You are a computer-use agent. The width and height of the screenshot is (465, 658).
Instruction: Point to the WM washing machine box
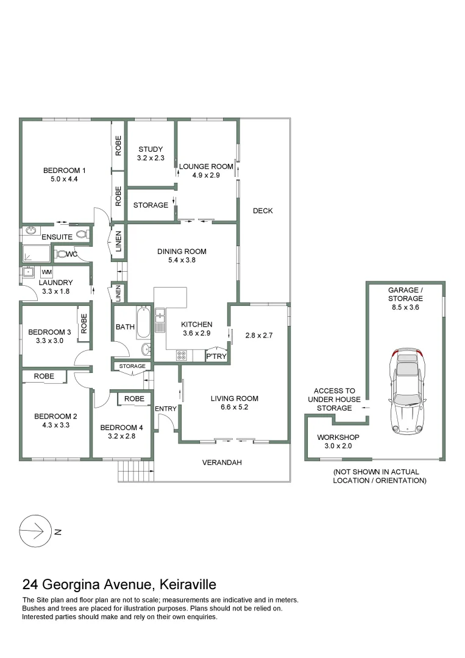[x=47, y=272]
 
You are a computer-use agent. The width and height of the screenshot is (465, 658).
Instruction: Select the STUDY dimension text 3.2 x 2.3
[x=151, y=158]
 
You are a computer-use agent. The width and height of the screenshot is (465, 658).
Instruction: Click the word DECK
[x=263, y=211]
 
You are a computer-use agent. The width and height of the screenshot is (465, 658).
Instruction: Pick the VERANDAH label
[x=222, y=462]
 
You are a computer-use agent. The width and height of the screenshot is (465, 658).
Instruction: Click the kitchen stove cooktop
[x=182, y=355]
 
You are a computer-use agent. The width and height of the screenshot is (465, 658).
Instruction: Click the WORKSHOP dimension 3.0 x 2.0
[x=338, y=447]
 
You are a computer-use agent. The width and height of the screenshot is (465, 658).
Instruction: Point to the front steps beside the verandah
[x=135, y=470]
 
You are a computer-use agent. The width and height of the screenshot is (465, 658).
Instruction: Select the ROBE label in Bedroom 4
[x=134, y=398]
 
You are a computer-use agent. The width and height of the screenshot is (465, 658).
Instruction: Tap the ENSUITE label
[x=57, y=236]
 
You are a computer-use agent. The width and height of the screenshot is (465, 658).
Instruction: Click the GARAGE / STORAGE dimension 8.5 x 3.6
[x=405, y=308]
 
